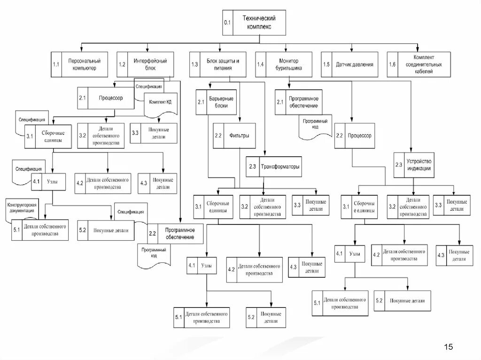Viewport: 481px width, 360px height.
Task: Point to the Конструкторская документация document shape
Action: point(23,208)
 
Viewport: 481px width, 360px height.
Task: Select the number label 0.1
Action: point(227,23)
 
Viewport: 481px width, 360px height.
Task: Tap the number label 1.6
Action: point(392,64)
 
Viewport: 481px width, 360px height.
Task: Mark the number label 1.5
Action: point(326,64)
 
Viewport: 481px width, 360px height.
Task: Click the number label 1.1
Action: point(56,64)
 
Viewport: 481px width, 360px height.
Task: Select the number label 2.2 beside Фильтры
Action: point(218,136)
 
